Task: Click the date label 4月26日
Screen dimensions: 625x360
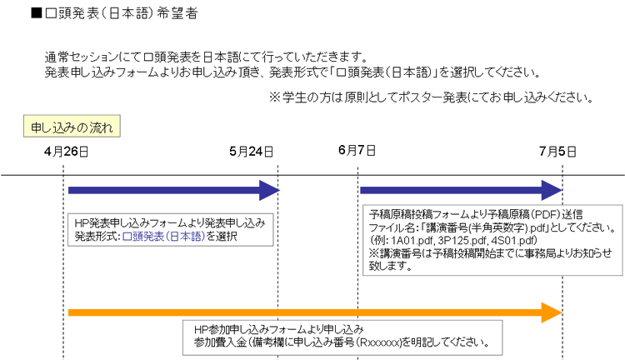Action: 66,152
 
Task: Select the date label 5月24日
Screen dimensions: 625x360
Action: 251,152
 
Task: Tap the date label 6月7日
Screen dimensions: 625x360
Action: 357,150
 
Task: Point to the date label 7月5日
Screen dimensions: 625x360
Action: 557,152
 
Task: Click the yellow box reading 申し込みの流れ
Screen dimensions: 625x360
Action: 72,127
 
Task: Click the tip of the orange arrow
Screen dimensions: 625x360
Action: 562,312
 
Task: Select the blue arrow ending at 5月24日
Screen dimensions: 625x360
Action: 174,190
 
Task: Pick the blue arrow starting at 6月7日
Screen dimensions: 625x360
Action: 461,190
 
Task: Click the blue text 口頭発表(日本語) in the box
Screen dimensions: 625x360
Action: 163,237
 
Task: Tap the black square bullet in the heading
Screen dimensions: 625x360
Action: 37,13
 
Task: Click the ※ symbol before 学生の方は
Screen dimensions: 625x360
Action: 275,97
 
